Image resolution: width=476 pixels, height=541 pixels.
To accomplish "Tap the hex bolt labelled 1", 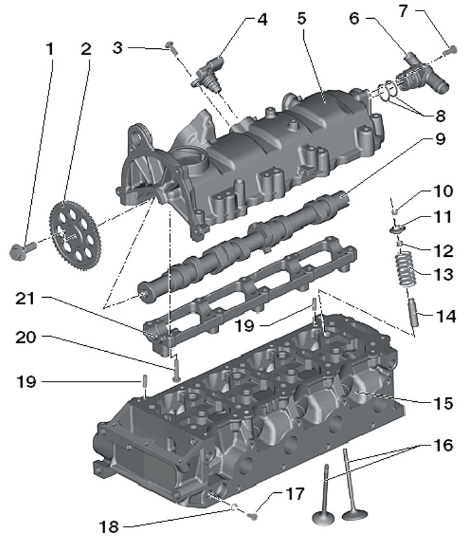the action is click(21, 250).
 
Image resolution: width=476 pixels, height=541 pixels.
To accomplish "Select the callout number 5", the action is click(301, 18).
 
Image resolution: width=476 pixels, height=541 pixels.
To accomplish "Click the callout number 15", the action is click(443, 404).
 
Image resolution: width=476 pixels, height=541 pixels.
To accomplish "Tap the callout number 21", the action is click(25, 298).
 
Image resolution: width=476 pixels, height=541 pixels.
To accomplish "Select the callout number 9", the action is click(440, 139).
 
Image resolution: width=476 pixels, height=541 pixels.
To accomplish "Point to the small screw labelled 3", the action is click(171, 47).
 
